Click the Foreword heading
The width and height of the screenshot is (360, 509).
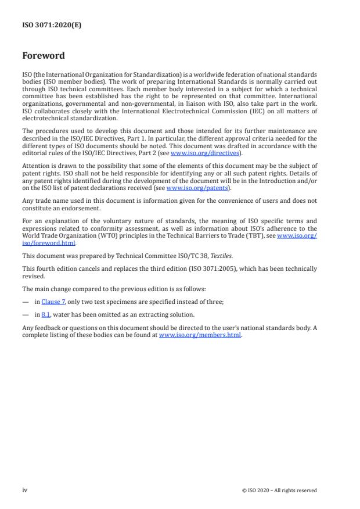coord(44,56)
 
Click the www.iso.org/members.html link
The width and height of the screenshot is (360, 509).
coord(200,335)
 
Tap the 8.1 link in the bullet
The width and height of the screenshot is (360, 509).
coord(45,314)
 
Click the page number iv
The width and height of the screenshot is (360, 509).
coord(25,490)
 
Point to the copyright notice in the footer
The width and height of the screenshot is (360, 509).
coord(279,490)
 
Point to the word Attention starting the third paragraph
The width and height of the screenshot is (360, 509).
coord(37,167)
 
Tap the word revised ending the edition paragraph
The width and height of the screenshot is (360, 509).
coord(32,277)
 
